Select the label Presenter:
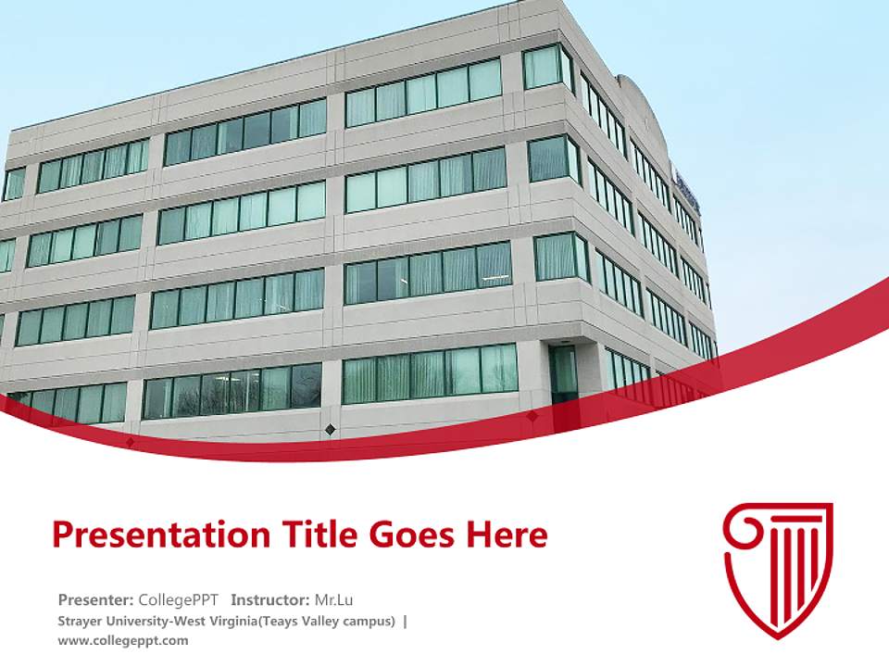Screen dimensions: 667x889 point(94,599)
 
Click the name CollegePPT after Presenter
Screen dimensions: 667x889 point(180,599)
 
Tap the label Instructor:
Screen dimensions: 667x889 point(269,599)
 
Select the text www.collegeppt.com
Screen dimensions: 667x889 point(122,640)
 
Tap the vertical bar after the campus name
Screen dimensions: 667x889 point(405,621)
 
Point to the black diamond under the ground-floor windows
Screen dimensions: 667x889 point(330,428)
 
